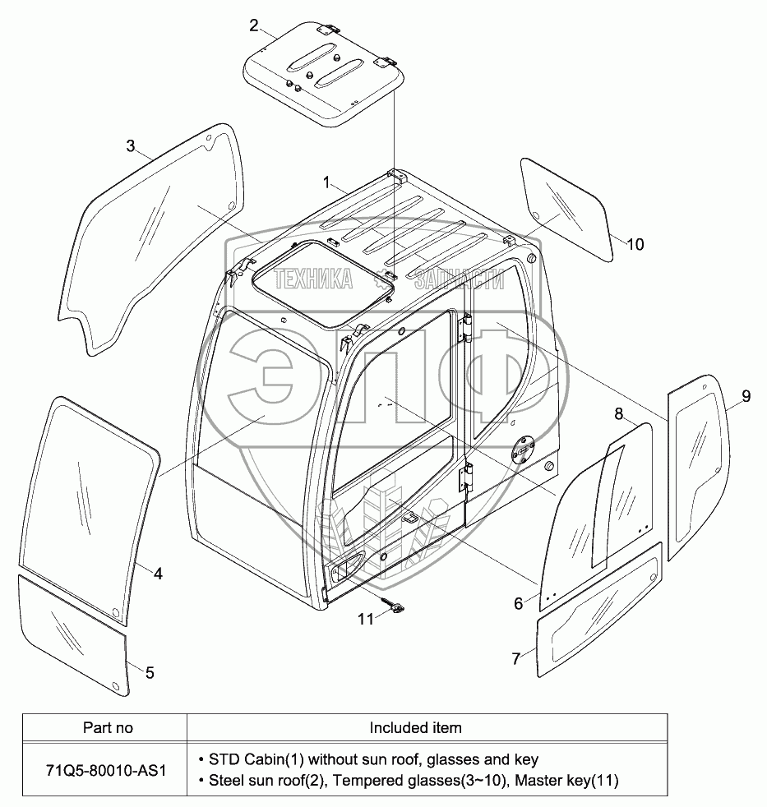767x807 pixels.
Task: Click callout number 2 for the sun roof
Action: coord(253,25)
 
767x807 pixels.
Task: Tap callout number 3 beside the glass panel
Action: coord(131,146)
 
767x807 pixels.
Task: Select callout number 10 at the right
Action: coord(635,244)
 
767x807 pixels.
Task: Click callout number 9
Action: coord(745,396)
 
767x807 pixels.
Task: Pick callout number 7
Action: coord(515,658)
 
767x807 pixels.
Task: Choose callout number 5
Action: coord(149,672)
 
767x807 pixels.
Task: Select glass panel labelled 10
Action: coord(566,210)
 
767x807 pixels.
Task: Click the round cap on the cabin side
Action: coord(521,451)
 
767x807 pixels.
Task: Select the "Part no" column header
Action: coord(108,727)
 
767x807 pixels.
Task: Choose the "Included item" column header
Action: coord(415,727)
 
